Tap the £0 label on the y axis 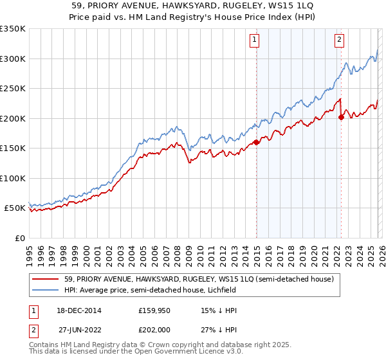tap(20, 238)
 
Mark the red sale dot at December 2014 tap(256, 142)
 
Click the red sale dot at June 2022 tap(341, 117)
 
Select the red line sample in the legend tap(46, 280)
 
